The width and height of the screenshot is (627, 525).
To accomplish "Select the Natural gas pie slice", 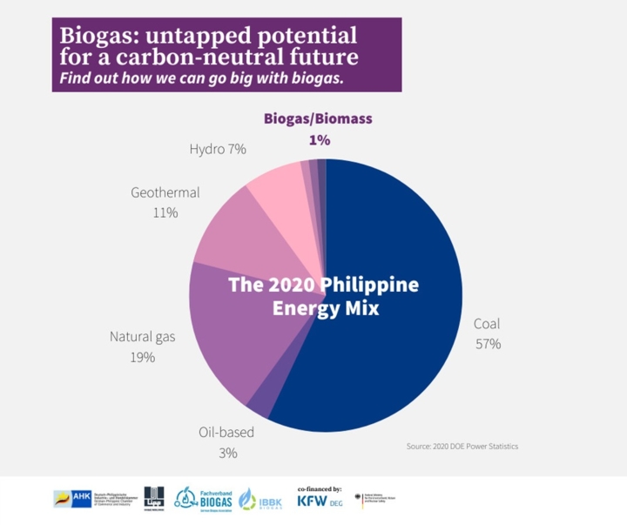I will tap(226, 340).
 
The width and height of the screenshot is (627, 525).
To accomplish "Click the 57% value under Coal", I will tap(488, 344).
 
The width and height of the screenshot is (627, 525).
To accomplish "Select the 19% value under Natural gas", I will tap(144, 357).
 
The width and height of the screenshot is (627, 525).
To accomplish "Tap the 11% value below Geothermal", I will tap(165, 212).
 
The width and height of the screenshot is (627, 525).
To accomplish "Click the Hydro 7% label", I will tap(218, 149).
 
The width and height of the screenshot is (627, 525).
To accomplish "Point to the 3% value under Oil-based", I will tap(228, 453).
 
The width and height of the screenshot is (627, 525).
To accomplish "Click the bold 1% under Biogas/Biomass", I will tap(319, 138).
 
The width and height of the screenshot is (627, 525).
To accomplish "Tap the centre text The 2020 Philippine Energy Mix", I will tap(324, 296).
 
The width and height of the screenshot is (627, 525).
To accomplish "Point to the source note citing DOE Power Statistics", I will tap(462, 447).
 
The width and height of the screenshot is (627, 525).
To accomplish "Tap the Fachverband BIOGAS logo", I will tap(204, 498).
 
